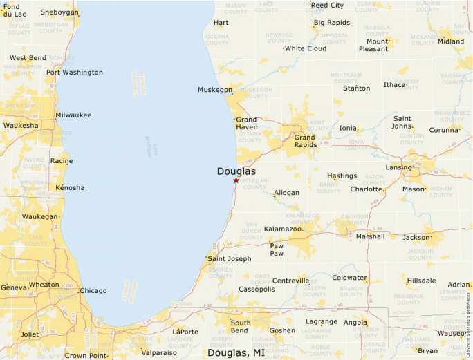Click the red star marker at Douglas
point(236,180)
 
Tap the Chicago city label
point(93,291)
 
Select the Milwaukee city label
point(73,115)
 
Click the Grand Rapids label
point(305,141)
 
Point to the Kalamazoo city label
point(284,229)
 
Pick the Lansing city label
point(399,167)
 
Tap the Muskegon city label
point(215,90)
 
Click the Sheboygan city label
point(59,12)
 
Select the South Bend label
point(241,327)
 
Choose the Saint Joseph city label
point(230,259)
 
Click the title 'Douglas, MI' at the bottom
point(236,352)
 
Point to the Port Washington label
point(75,73)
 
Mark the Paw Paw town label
point(277,249)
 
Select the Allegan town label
point(287,193)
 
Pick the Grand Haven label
point(246,123)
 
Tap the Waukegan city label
point(39,216)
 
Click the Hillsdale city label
point(422,281)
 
